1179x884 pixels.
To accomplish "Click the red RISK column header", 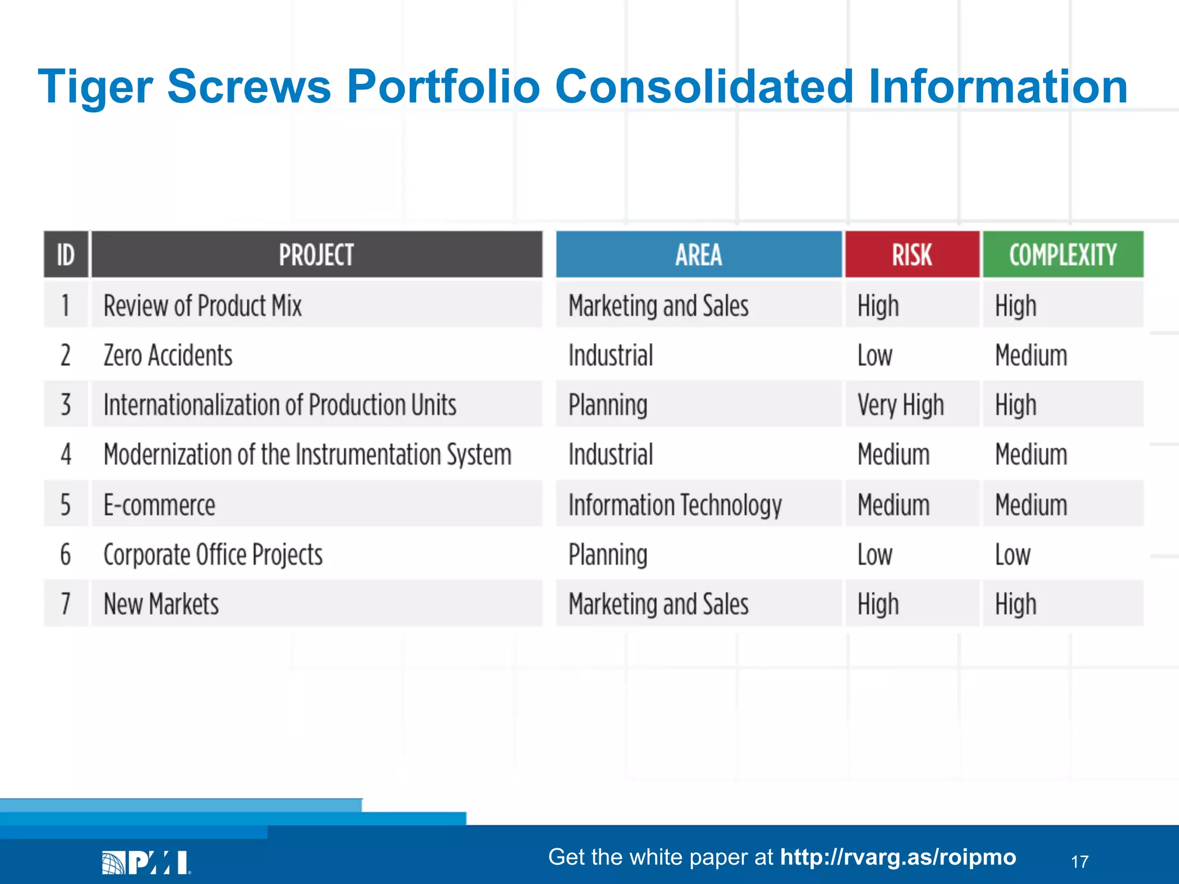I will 912,255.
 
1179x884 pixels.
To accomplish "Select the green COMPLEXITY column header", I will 1063,255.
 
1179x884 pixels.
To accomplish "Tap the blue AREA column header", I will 698,255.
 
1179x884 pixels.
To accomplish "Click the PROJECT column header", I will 316,255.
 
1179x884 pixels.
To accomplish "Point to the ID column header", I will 66,255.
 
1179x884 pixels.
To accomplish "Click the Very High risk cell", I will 900,405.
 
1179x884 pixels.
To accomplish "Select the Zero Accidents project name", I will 168,356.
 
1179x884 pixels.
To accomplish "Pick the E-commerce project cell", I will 159,505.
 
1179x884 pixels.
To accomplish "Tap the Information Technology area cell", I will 675,505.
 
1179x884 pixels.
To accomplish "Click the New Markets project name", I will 161,604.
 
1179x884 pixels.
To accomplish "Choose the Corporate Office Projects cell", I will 213,555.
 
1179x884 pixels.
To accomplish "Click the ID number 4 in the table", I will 66,455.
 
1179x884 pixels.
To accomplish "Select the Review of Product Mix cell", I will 203,306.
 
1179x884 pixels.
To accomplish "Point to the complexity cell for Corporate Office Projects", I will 1013,555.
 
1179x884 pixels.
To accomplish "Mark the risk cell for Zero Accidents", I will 874,356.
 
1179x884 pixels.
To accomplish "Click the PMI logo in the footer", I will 146,862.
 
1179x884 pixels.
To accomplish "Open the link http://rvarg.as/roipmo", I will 897,857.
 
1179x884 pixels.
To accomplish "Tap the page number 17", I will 1079,862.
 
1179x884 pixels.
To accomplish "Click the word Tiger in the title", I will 95,86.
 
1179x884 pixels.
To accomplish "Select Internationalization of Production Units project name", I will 280,405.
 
